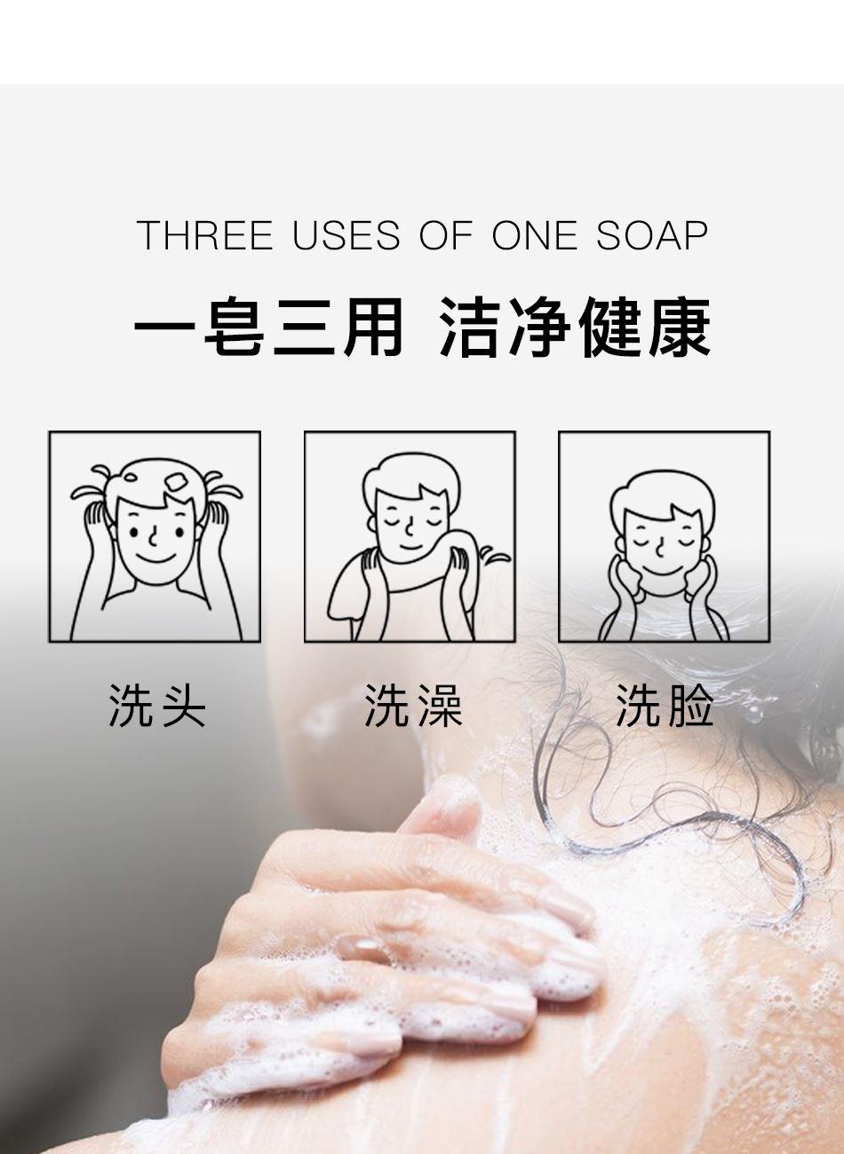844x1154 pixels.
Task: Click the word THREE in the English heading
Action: click(204, 235)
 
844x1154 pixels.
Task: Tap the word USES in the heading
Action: click(346, 235)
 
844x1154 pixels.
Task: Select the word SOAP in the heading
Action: click(652, 235)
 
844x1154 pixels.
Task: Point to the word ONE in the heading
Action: click(535, 235)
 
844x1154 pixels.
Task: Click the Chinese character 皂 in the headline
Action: click(235, 327)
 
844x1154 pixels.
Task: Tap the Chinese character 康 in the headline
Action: click(680, 327)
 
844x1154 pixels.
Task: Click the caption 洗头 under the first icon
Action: click(157, 706)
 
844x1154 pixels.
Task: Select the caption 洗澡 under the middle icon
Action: click(412, 706)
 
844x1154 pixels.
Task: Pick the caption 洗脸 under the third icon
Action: click(665, 706)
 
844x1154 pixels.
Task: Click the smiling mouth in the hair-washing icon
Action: click(156, 559)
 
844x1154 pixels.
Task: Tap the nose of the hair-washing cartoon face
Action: click(153, 537)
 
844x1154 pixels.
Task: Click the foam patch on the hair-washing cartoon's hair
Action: click(177, 483)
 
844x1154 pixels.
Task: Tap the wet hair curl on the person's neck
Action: click(670, 819)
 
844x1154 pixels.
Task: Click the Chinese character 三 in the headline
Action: click(303, 327)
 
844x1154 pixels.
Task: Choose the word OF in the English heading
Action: click(447, 235)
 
